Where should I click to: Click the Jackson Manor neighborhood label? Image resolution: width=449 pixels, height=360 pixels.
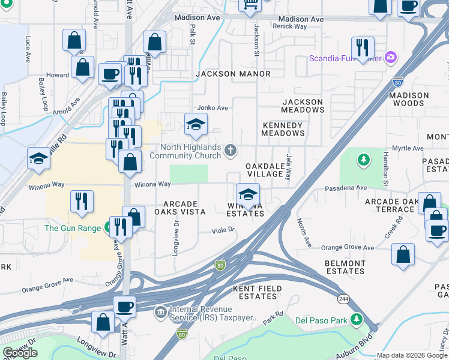point(233,74)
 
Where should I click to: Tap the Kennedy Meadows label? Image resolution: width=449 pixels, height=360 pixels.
point(283,129)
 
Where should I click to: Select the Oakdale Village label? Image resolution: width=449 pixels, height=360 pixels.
point(264,170)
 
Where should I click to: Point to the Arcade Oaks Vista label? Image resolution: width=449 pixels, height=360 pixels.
point(180,208)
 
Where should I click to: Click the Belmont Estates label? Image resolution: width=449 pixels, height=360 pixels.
point(345,267)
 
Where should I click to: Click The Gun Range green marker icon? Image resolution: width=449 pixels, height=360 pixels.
point(108,228)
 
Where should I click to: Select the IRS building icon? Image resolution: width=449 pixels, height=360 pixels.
point(160,312)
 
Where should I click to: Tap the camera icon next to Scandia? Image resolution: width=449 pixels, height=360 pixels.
point(391,58)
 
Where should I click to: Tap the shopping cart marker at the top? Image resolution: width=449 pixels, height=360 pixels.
point(250,5)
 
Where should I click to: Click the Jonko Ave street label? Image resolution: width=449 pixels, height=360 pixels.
point(213,108)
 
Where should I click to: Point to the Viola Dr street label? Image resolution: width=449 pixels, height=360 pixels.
point(223,230)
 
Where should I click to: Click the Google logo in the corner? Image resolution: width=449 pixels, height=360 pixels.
point(20,353)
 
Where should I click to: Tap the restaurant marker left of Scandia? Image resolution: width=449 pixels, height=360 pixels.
point(363,47)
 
